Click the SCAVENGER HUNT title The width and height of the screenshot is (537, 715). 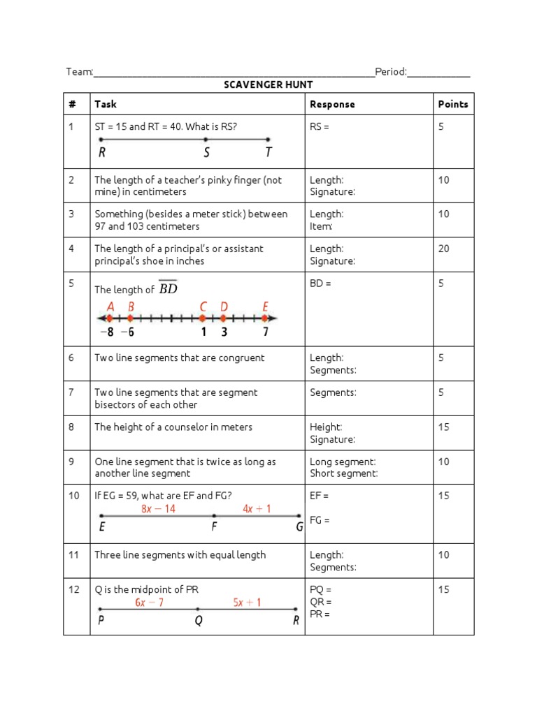click(268, 84)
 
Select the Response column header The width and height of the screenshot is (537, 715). click(332, 104)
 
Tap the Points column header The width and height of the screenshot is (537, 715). click(452, 104)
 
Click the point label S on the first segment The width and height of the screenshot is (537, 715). click(206, 153)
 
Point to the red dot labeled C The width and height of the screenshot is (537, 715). click(203, 318)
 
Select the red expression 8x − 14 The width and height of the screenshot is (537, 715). click(158, 509)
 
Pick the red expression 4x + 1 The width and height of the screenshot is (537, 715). click(257, 509)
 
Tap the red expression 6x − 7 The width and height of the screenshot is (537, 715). click(149, 602)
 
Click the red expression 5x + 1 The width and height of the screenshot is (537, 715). click(249, 602)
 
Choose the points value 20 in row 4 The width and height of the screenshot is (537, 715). click(443, 249)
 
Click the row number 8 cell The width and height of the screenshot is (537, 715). click(71, 427)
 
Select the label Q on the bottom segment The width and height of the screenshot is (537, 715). click(199, 621)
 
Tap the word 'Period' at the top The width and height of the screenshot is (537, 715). click(389, 71)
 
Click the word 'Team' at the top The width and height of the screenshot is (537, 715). click(78, 71)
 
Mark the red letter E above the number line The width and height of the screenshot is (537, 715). click(265, 306)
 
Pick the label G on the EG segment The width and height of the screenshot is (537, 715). click(299, 527)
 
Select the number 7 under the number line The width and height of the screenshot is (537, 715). click(265, 332)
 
